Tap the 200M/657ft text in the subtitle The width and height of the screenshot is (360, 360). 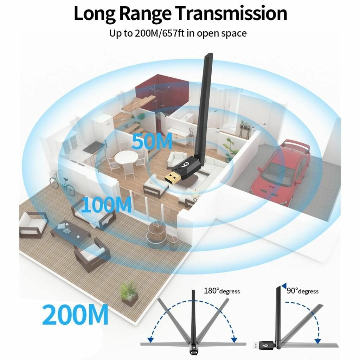coord(160,33)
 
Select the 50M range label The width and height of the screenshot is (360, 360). coord(152,141)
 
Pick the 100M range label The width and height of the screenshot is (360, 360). coord(106,205)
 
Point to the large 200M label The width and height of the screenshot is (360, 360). coord(75,314)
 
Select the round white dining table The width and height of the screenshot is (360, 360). coord(127,157)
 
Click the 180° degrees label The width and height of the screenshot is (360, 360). coord(222,291)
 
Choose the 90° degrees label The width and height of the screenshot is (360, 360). coord(303,291)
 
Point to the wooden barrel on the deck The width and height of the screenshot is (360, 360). coord(156,232)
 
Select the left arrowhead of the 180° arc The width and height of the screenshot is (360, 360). coord(150,339)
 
